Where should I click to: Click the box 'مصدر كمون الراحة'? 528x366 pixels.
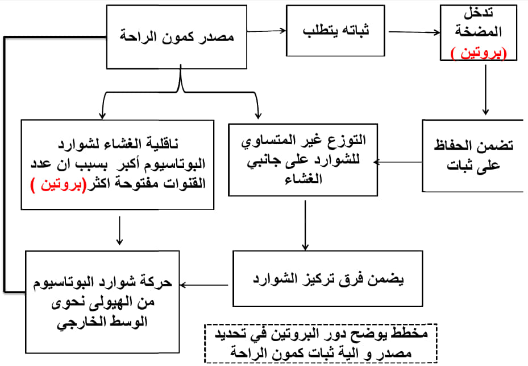pos(176,37)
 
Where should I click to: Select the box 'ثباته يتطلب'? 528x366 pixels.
pos(335,31)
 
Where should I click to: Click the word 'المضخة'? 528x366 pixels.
pos(478,31)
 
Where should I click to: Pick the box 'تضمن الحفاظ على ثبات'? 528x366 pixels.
pos(473,155)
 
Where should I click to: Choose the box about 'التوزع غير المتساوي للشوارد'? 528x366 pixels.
pos(303,160)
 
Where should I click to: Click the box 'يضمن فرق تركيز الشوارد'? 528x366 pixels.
pos(327,279)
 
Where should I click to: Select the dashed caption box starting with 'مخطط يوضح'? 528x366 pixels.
pos(321,343)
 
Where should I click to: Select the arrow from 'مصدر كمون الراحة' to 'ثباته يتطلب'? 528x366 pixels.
pos(267,31)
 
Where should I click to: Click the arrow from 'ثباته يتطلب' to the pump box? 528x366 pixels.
pos(414,32)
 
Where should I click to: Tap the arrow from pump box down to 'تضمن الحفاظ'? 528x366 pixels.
pos(485,90)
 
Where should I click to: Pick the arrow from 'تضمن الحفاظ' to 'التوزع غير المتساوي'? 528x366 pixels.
pos(398,162)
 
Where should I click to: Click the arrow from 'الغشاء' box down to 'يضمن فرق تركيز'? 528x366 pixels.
pos(305,225)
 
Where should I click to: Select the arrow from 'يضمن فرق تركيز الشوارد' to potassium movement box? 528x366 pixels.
pos(204,285)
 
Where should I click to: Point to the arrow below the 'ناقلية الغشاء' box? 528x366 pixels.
pos(119,231)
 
